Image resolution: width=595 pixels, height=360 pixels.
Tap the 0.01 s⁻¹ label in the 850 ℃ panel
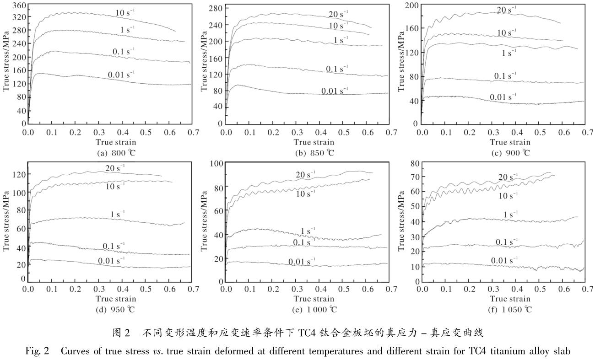tap(335, 91)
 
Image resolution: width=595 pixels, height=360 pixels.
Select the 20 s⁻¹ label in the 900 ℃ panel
tap(507, 10)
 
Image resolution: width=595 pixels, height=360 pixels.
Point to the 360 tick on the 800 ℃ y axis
tap(18, 6)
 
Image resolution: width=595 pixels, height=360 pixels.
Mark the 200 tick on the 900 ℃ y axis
tap(413, 6)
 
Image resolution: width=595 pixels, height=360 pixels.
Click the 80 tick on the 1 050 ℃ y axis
tap(415, 164)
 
